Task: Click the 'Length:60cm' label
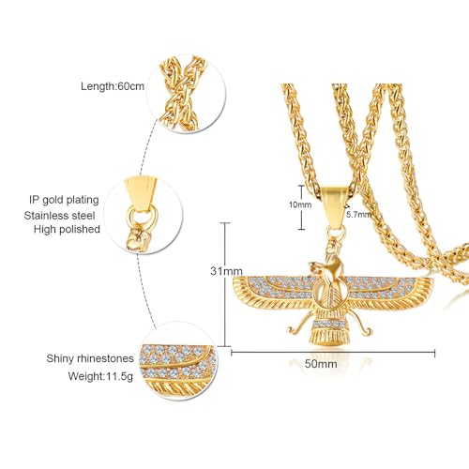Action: (x=113, y=86)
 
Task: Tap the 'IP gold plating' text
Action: (x=64, y=200)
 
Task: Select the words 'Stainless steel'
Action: (x=59, y=216)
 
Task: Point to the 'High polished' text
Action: (x=67, y=229)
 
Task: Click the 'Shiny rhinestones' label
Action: (x=90, y=358)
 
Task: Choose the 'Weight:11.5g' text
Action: (x=100, y=376)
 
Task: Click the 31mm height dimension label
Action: (x=226, y=271)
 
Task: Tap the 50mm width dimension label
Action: (x=321, y=364)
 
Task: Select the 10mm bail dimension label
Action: (x=300, y=204)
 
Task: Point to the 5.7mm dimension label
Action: (x=358, y=215)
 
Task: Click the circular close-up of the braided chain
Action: (x=187, y=94)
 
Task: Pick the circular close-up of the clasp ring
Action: (x=144, y=214)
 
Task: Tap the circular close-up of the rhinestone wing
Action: (x=178, y=361)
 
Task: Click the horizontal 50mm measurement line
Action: (x=333, y=353)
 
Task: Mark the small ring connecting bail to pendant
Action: (x=336, y=233)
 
